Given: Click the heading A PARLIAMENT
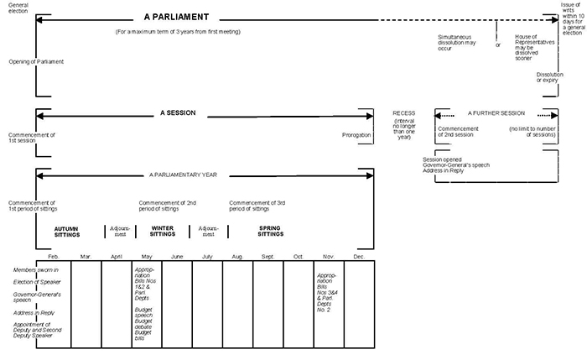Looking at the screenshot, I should (x=175, y=17).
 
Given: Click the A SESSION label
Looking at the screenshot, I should (x=179, y=112).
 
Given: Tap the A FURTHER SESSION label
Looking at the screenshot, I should (x=496, y=112).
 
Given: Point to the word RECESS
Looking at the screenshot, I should (x=404, y=112).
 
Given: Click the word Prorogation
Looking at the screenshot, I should (x=356, y=134).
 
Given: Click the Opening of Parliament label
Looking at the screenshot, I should (x=36, y=61).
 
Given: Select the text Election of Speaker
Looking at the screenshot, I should (x=36, y=283).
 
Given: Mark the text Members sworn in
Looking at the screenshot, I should (x=35, y=269).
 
